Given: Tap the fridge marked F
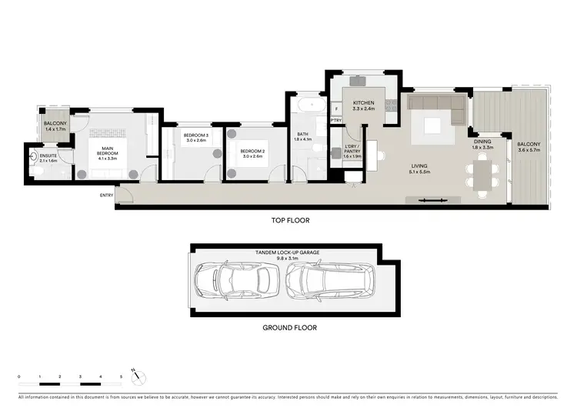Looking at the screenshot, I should coord(336,109).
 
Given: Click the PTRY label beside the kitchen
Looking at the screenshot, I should coord(336,121).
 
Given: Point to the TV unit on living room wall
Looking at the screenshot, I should coord(435,200).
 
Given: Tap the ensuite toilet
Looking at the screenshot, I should coord(32,155).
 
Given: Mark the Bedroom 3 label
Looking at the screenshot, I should coord(195,135).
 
